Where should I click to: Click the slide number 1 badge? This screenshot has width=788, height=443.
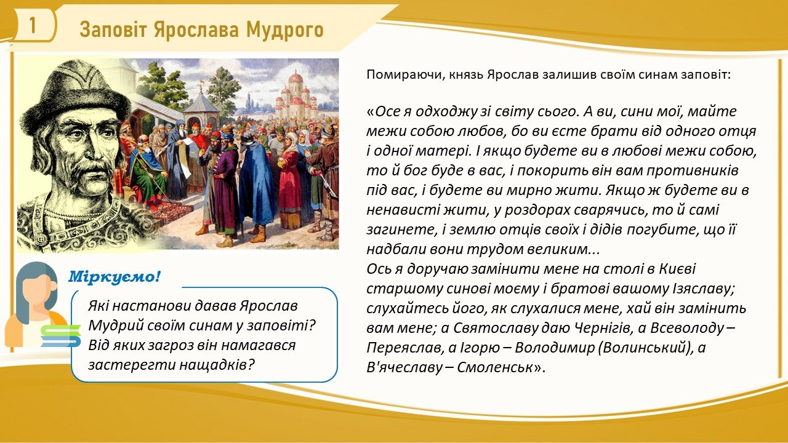tap(33, 25)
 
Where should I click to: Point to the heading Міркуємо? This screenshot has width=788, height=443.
tap(115, 277)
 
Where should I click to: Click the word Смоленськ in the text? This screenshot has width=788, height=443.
tap(499, 368)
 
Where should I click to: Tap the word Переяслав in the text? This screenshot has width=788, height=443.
tap(404, 348)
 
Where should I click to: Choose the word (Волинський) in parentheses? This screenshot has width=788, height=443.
tap(643, 348)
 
